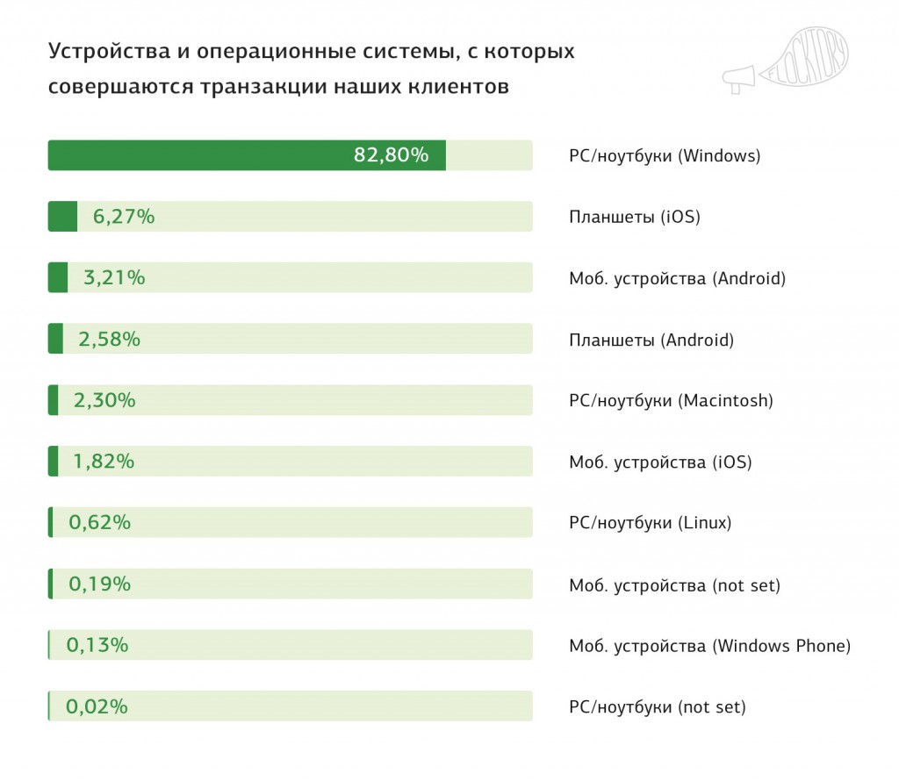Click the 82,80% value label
tap(391, 155)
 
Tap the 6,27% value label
tap(124, 217)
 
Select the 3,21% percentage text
tap(114, 278)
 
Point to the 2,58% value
tap(109, 339)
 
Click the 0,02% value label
tap(97, 706)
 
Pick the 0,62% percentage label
tap(99, 522)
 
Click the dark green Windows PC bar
tap(246, 155)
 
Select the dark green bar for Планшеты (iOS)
tap(62, 217)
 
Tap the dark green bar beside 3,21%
tap(58, 278)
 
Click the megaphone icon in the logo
tap(739, 79)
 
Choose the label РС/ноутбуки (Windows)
tap(665, 156)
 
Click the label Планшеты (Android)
tap(651, 340)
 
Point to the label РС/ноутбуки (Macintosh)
tap(671, 401)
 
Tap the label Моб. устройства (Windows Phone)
tap(709, 647)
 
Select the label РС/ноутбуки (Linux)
tap(650, 523)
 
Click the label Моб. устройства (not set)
tap(674, 584)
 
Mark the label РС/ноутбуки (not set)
tap(657, 707)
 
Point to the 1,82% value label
tap(104, 461)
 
